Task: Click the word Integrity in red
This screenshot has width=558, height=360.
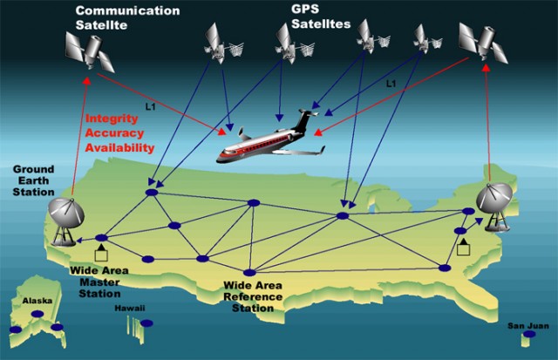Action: coord(112,119)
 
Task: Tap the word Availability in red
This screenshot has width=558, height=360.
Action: coord(119,147)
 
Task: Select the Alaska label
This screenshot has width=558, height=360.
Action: coord(37,301)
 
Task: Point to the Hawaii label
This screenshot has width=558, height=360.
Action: coord(130,309)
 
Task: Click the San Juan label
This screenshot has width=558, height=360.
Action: coord(528,326)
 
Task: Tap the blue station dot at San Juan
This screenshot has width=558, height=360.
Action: coord(529,334)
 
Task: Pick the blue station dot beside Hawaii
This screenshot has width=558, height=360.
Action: coord(146,323)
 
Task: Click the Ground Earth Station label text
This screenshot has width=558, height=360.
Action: coord(33,180)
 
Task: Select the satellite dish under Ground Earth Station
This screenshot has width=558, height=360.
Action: coord(66,222)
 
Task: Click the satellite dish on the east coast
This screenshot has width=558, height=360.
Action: coord(495,207)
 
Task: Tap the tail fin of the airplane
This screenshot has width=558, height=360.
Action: coord(303,120)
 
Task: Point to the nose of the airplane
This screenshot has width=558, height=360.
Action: coord(219,159)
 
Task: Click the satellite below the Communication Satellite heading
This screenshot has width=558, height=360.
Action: coord(90,52)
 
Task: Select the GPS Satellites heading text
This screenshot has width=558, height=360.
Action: coord(321,17)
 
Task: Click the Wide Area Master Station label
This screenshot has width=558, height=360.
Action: coord(99,282)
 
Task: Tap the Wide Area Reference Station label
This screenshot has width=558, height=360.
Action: coord(253,297)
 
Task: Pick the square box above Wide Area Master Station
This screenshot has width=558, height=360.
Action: coord(101,255)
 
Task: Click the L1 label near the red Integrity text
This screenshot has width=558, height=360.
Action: coord(151,106)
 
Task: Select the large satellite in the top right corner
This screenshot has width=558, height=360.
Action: coord(483,43)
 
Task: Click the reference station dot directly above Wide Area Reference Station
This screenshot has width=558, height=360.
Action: coord(250,273)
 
